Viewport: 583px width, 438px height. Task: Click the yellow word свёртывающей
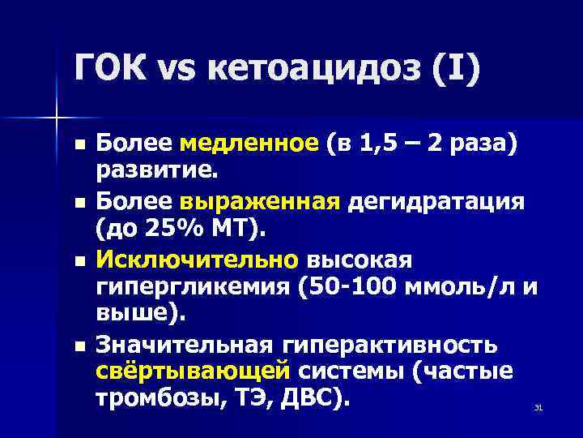click(x=193, y=371)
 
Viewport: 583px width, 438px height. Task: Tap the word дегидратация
click(x=437, y=201)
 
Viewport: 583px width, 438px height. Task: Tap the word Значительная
click(x=182, y=346)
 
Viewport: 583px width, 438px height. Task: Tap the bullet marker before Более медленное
click(x=78, y=144)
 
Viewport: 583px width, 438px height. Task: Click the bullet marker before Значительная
click(x=78, y=346)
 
